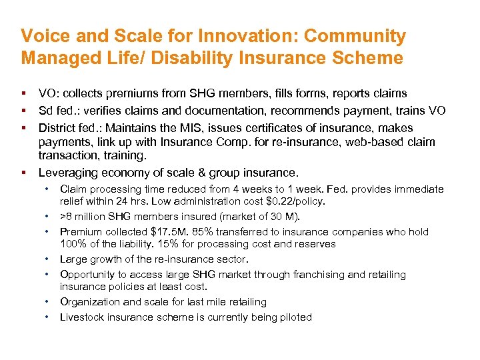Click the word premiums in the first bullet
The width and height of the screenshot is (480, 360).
pos(132,93)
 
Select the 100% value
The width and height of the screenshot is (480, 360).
pos(72,243)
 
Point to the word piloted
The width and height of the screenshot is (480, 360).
pos(294,317)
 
